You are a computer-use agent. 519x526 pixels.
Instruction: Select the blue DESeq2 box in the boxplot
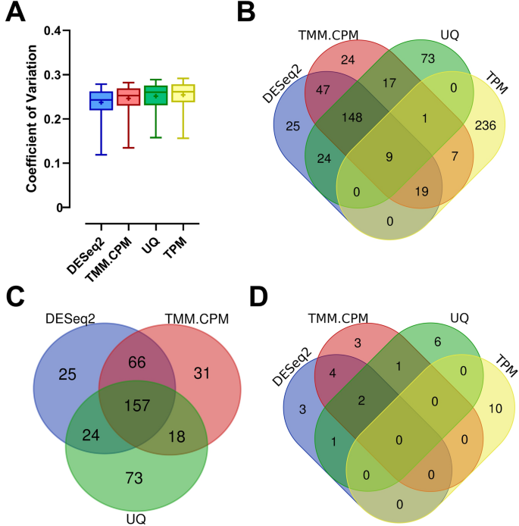click(101, 101)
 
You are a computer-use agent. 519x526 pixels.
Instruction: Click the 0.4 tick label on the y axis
click(52, 31)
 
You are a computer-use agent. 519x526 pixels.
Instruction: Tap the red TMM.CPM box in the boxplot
click(128, 97)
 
